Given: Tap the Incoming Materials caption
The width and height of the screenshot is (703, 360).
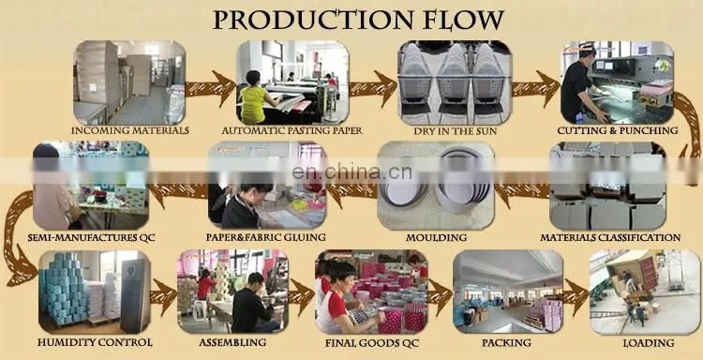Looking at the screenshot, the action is pos(130,131).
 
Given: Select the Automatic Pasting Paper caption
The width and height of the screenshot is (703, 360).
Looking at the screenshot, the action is pos(292,131).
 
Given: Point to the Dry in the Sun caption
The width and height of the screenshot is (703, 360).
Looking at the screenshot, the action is pos(455,131).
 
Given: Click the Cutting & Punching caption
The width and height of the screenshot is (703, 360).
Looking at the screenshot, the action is pos(618,131).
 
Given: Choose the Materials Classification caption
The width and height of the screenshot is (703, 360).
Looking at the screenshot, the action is pos(610,237).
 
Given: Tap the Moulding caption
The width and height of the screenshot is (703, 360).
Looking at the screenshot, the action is pos(436,237).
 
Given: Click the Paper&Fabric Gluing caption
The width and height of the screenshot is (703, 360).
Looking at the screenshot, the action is pos(266,237).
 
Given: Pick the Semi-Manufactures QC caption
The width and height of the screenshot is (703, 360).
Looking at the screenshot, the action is pos(92,237).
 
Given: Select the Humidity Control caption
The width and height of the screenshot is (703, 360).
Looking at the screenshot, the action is pos(95,343).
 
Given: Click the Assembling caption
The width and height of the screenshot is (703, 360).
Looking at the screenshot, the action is pos(232,343).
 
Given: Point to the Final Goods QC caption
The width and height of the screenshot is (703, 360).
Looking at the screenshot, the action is pos(372,343).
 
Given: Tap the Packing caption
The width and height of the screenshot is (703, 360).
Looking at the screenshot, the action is pos(506,343).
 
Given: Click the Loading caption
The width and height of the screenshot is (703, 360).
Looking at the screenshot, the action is pos(649,343).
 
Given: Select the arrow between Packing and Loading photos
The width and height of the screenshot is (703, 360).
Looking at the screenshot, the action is pos(576,295).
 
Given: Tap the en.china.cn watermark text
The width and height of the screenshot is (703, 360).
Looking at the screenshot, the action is pos(351,172).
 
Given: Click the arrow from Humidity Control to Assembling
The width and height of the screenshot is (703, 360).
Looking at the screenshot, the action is pos(164,296).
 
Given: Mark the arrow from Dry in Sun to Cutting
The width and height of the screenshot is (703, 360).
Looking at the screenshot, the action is pos(536,87).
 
